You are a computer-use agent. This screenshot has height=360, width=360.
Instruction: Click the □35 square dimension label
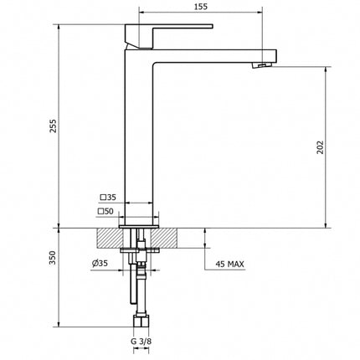pos(109,198)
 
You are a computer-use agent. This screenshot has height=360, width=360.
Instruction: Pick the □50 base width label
pos(106,211)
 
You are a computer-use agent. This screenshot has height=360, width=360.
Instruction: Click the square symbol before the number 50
pos(100,211)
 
